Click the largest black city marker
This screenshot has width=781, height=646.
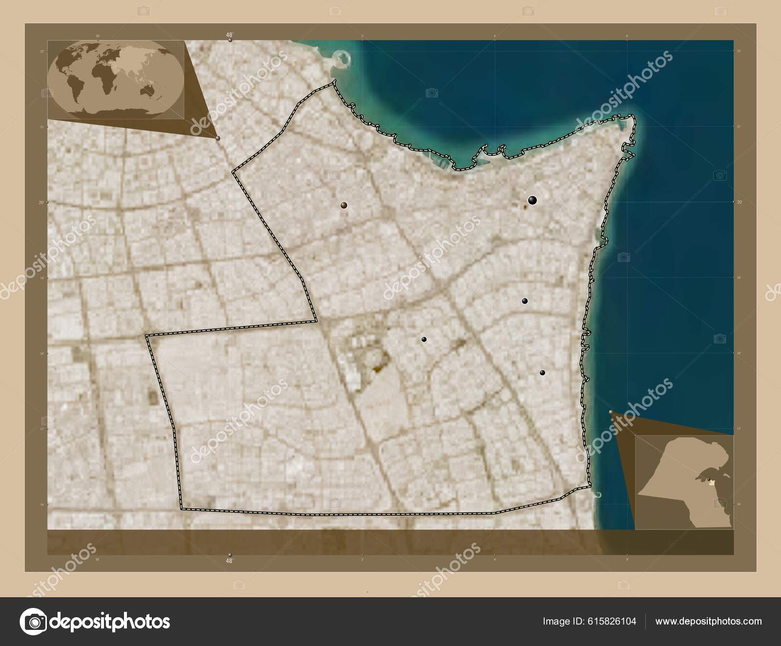point(532,200)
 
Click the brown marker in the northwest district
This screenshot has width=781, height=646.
point(345,205)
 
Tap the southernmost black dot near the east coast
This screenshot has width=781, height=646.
point(542,373)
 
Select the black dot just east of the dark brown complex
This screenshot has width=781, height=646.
point(424,339)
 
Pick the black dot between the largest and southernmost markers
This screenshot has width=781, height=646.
point(525,301)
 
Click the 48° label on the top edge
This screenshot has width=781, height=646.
point(229,35)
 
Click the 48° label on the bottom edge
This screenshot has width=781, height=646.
point(229,561)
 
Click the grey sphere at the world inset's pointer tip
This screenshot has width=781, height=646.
point(218,138)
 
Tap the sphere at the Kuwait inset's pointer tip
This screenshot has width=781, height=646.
point(611,413)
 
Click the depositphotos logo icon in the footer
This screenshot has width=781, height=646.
point(32,621)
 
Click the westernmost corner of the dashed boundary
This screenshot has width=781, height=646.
point(147,336)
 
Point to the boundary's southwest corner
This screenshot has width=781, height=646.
point(181,509)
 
